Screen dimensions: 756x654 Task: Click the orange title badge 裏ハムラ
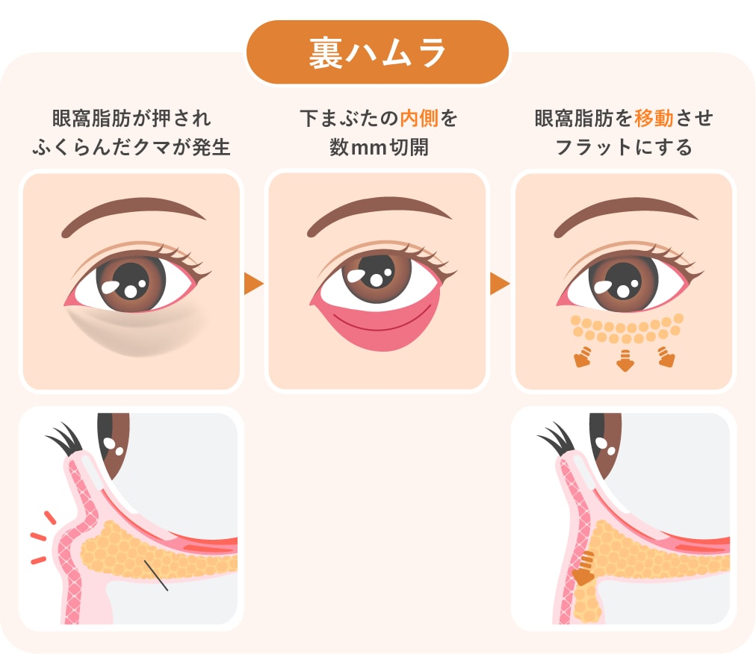pyautogui.click(x=377, y=52)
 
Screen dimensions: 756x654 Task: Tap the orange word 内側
pyautogui.click(x=419, y=119)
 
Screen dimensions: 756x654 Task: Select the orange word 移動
pyautogui.click(x=654, y=118)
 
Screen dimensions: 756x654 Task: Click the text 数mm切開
pyautogui.click(x=379, y=147)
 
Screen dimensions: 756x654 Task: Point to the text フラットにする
pyautogui.click(x=624, y=147)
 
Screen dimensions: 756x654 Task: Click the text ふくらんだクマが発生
pyautogui.click(x=131, y=147)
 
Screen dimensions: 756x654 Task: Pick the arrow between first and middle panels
pyautogui.click(x=253, y=284)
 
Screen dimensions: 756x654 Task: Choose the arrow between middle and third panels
pyautogui.click(x=500, y=284)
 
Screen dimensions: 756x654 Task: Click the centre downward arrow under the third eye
pyautogui.click(x=625, y=361)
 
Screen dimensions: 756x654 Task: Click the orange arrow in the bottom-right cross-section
pyautogui.click(x=584, y=570)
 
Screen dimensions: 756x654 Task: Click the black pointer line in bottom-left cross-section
pyautogui.click(x=156, y=575)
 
